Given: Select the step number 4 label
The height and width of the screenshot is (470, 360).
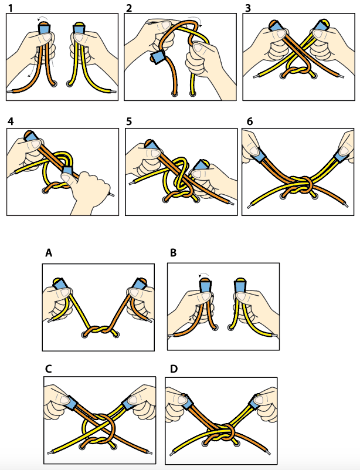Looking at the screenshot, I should click(x=10, y=121).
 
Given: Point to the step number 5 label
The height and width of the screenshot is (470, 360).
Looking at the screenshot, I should click(x=129, y=121).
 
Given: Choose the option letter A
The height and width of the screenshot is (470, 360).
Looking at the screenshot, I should click(x=49, y=253).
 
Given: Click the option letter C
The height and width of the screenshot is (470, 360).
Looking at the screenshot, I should click(x=49, y=368).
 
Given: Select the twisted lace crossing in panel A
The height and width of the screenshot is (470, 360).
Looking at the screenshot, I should click(x=99, y=331).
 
